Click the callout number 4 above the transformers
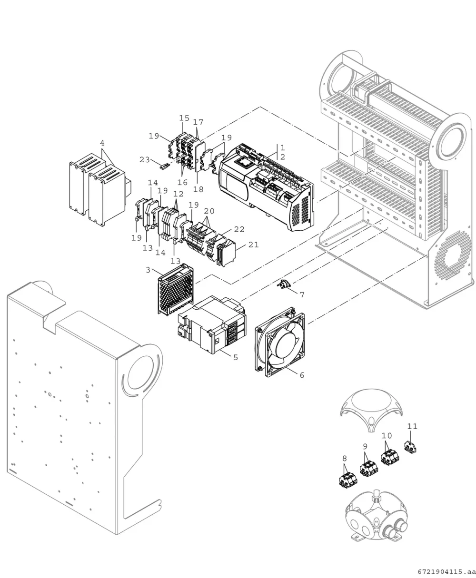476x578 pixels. (x=102, y=143)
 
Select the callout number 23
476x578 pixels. (x=145, y=159)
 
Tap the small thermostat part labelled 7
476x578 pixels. (x=282, y=284)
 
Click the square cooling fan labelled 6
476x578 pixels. (x=280, y=342)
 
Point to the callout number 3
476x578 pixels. (x=148, y=270)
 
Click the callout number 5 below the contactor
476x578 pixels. (x=236, y=357)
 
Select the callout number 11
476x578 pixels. (x=412, y=426)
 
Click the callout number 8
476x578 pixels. (x=345, y=458)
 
